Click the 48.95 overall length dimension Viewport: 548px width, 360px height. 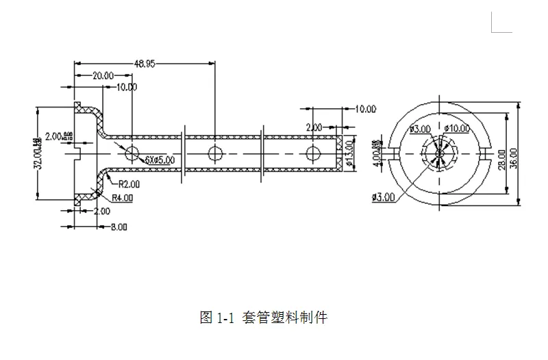(x=144, y=63)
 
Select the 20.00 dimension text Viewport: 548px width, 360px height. (x=103, y=75)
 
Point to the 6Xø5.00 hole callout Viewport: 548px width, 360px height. (x=160, y=159)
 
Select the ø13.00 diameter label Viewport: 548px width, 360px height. (x=349, y=154)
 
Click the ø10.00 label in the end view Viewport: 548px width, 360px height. (x=457, y=128)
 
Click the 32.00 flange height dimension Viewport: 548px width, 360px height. (x=38, y=153)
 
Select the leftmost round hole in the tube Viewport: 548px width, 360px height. (x=132, y=152)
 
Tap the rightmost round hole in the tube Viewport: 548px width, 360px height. (x=312, y=152)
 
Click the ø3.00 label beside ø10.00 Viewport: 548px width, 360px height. (x=419, y=128)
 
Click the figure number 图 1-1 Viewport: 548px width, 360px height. (x=217, y=318)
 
